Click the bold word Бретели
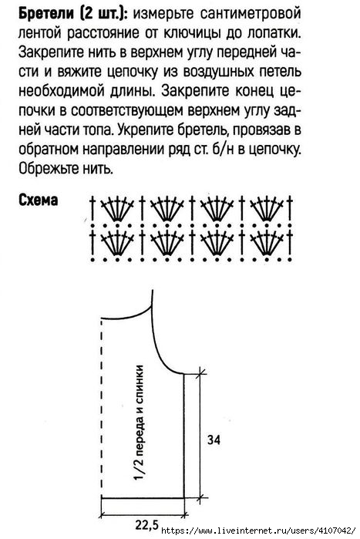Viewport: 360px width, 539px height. (45, 13)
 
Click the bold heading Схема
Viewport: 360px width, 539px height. (38, 200)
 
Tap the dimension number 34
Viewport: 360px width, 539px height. (214, 440)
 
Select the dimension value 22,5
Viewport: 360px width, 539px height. (146, 524)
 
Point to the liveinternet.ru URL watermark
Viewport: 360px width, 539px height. (258, 530)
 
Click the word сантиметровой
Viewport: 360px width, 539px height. (251, 14)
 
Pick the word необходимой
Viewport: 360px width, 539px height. (61, 92)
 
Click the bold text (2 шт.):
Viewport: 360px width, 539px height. (104, 14)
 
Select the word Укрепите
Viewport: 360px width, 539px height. (146, 130)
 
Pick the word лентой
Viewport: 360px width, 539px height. (40, 33)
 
